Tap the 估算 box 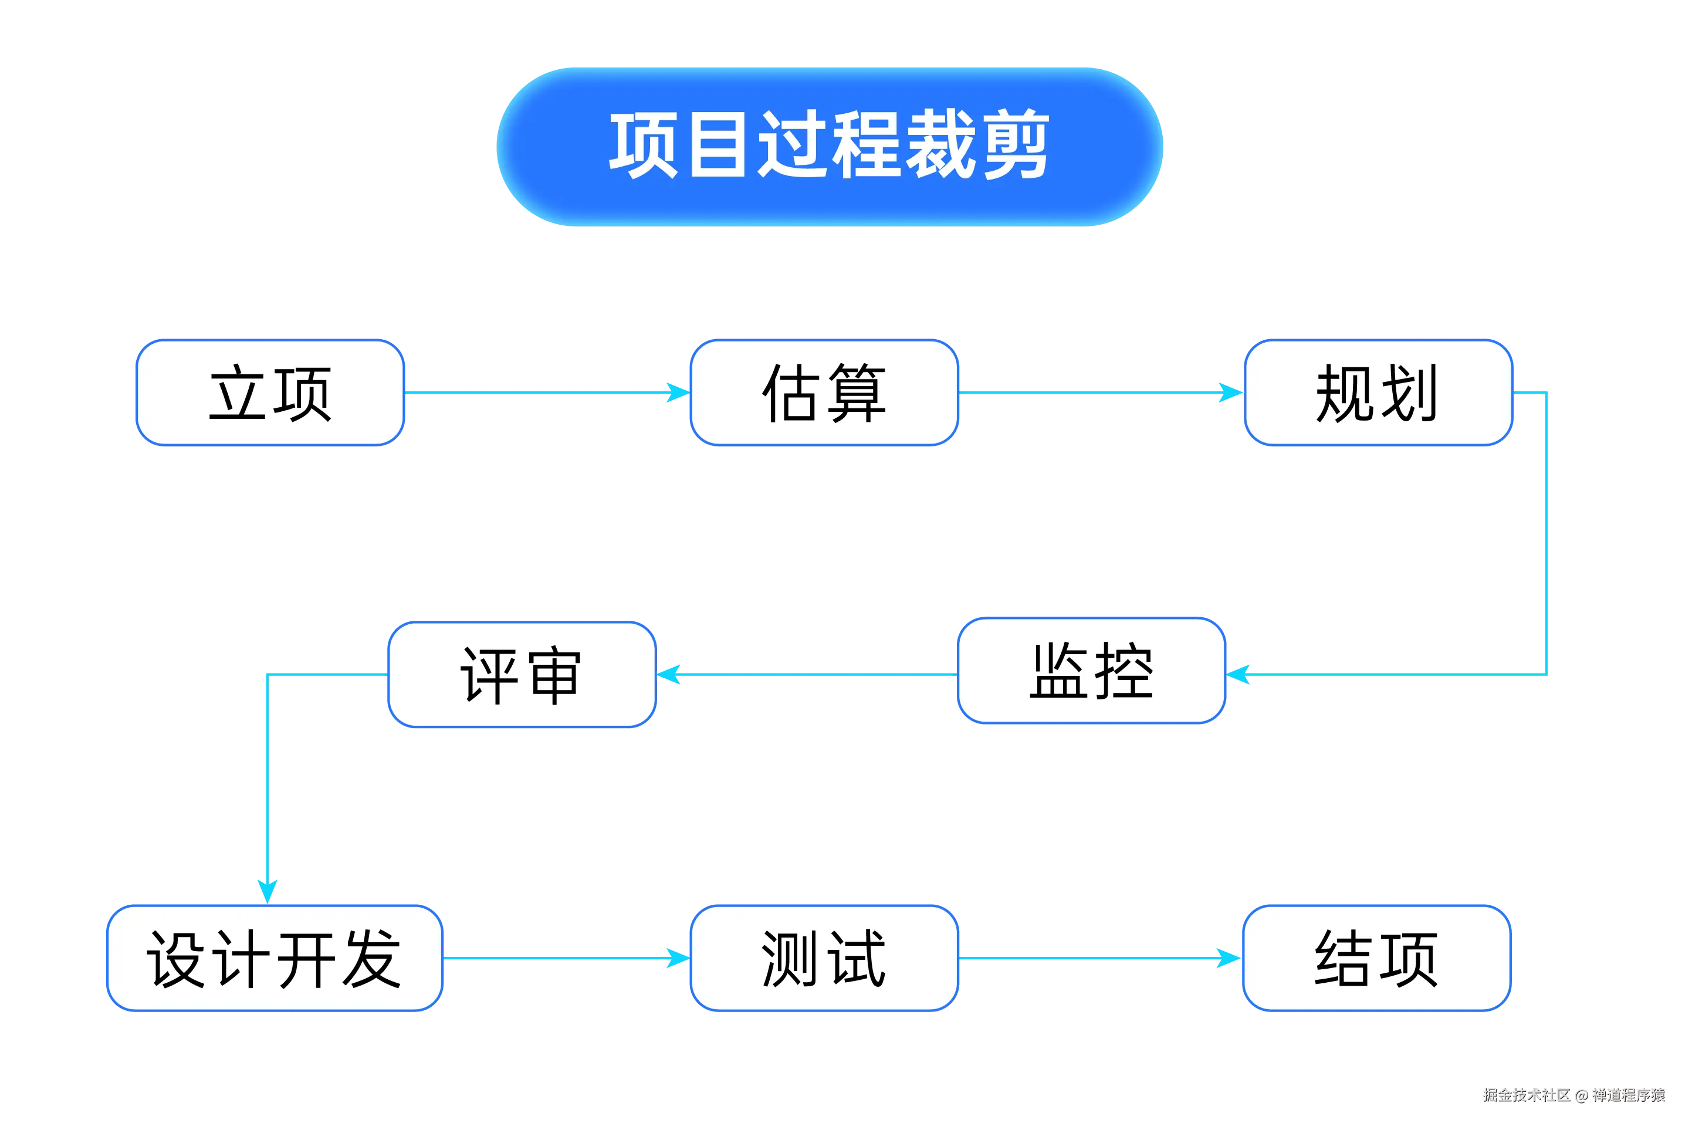824,393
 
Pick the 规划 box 1377,393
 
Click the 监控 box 1092,671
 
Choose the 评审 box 522,675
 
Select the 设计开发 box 275,959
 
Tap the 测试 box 824,959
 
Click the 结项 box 1376,959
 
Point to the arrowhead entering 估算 678,393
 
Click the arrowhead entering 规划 1229,393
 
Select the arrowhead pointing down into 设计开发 268,890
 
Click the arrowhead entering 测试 678,959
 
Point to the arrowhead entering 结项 1228,959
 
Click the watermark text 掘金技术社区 1525,1095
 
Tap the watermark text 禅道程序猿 1628,1095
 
